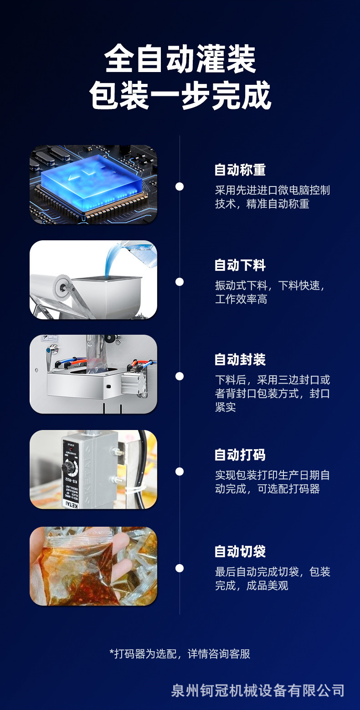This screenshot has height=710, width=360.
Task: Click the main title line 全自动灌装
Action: click(x=180, y=59)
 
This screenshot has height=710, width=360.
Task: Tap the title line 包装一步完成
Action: click(x=180, y=95)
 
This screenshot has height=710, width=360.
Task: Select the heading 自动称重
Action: click(x=240, y=170)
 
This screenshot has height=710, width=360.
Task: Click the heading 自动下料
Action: click(x=240, y=265)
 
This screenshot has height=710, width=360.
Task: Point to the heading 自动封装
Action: click(x=240, y=359)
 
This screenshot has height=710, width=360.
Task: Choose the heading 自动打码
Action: click(x=240, y=455)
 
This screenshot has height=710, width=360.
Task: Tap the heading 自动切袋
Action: click(x=240, y=551)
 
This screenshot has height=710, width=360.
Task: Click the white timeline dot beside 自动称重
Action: click(x=180, y=187)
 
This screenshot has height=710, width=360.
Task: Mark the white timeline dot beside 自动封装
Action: click(x=180, y=376)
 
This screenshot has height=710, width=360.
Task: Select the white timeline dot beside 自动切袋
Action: click(x=180, y=568)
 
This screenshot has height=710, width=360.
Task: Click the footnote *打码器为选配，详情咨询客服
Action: click(x=180, y=653)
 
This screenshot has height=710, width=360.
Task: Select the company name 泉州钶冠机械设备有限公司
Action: click(x=258, y=690)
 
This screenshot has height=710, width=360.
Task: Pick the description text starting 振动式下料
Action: click(x=270, y=292)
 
